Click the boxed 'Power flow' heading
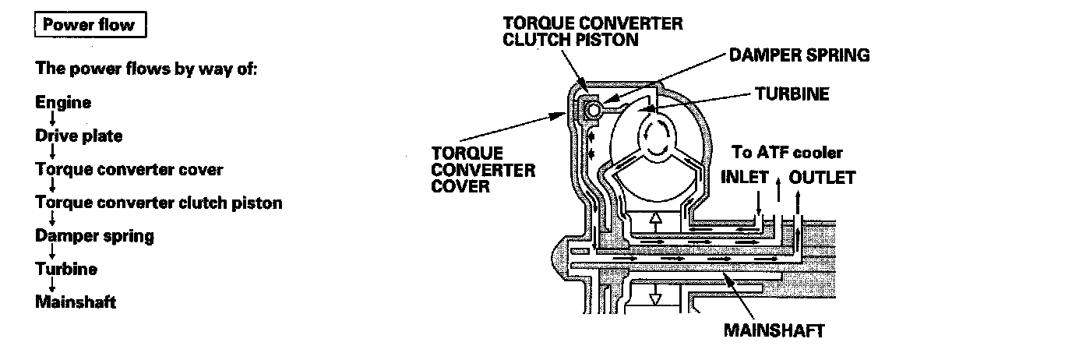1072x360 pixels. coord(89,25)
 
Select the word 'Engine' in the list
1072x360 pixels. coord(63,102)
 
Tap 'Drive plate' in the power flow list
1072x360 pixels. coord(79,136)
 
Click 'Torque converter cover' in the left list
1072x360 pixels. coord(129,169)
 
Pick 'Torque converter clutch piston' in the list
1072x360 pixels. coord(159,203)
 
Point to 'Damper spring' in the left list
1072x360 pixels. coord(94,235)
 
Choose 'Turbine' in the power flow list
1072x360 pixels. coord(66,269)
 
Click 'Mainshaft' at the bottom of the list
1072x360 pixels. coord(76,302)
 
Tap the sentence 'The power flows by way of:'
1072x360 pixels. coord(146,68)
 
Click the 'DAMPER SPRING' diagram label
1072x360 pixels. coord(799,55)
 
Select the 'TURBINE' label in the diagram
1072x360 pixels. coord(792,94)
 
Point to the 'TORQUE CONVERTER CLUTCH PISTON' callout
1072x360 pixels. coord(592,31)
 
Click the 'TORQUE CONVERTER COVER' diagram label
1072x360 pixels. coord(483,170)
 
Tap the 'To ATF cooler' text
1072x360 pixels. coord(787,153)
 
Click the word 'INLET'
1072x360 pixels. coord(744,178)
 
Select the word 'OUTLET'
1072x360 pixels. coord(822,178)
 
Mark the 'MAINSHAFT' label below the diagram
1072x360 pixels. coord(774,330)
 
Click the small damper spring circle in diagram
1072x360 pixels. coord(594,111)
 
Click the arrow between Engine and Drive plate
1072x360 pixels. coord(51,119)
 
